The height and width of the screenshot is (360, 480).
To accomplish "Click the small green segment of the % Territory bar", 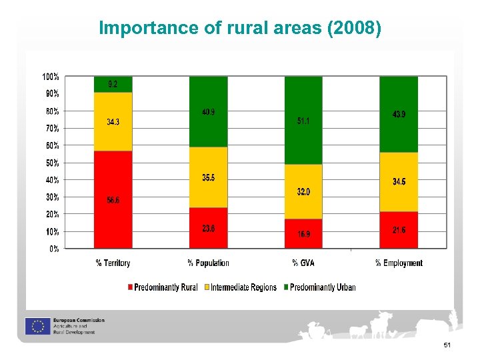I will [113, 85].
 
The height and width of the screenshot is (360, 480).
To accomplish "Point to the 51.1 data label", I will [303, 121].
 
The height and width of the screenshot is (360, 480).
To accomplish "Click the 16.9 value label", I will [304, 235].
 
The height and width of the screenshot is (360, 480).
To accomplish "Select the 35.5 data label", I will [208, 177].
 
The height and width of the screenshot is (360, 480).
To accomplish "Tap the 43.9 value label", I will [399, 115].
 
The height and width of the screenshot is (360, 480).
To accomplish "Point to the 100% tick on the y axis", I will [51, 77].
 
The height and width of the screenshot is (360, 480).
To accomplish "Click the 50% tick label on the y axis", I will [52, 163].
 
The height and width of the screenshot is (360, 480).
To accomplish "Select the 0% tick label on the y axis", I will [53, 249].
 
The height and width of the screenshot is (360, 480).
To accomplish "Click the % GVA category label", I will [303, 263].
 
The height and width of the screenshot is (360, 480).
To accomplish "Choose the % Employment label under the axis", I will [399, 263].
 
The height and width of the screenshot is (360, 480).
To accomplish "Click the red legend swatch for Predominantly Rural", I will [129, 288].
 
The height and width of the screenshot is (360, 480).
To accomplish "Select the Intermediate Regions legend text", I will [244, 287].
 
